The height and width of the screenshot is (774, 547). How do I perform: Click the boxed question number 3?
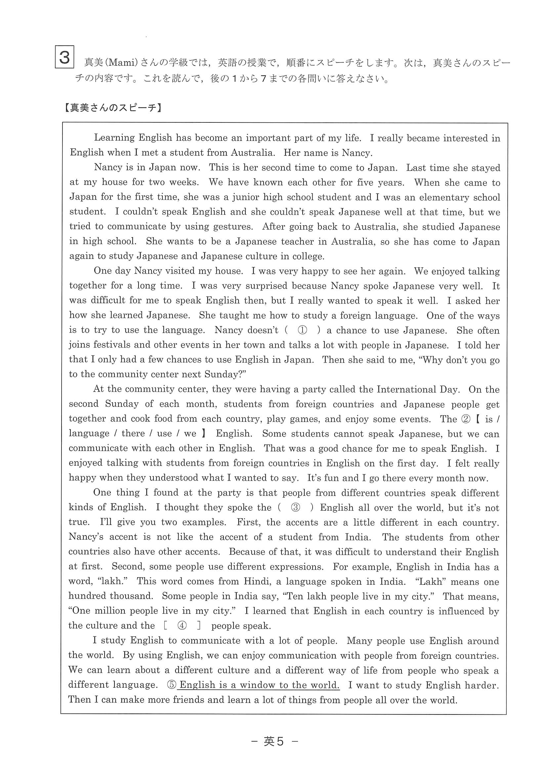click(64, 58)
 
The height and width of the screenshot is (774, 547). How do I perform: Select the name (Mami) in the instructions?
click(122, 63)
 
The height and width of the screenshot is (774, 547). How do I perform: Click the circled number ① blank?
click(302, 330)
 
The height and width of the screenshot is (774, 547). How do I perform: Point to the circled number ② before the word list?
click(465, 419)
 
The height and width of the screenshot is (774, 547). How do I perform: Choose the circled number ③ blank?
click(295, 508)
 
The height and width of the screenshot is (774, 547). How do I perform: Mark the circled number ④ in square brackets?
click(182, 626)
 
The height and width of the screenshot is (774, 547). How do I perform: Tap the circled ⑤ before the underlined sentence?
click(172, 685)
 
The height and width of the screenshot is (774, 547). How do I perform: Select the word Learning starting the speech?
click(114, 138)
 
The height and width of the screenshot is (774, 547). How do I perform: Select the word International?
click(406, 389)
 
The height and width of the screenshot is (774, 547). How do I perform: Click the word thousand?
click(132, 596)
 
